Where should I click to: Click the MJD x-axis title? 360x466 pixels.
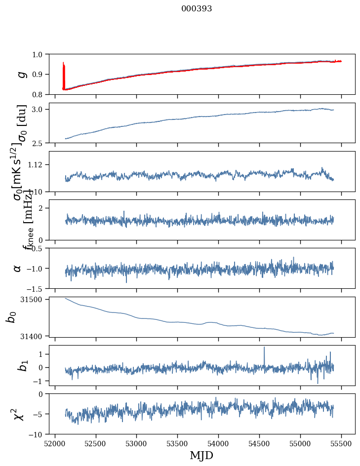pos(201,455)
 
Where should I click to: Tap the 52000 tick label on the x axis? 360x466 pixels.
pos(55,444)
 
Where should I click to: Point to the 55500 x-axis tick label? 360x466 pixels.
pos(341,444)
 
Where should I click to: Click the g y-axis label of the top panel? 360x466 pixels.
pos(21,74)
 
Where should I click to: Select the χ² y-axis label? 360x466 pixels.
pos(19,414)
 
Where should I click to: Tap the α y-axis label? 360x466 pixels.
pos(18,268)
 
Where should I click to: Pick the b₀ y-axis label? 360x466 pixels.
pos(11,316)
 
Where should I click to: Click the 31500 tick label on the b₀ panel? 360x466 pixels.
pos(35,299)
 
